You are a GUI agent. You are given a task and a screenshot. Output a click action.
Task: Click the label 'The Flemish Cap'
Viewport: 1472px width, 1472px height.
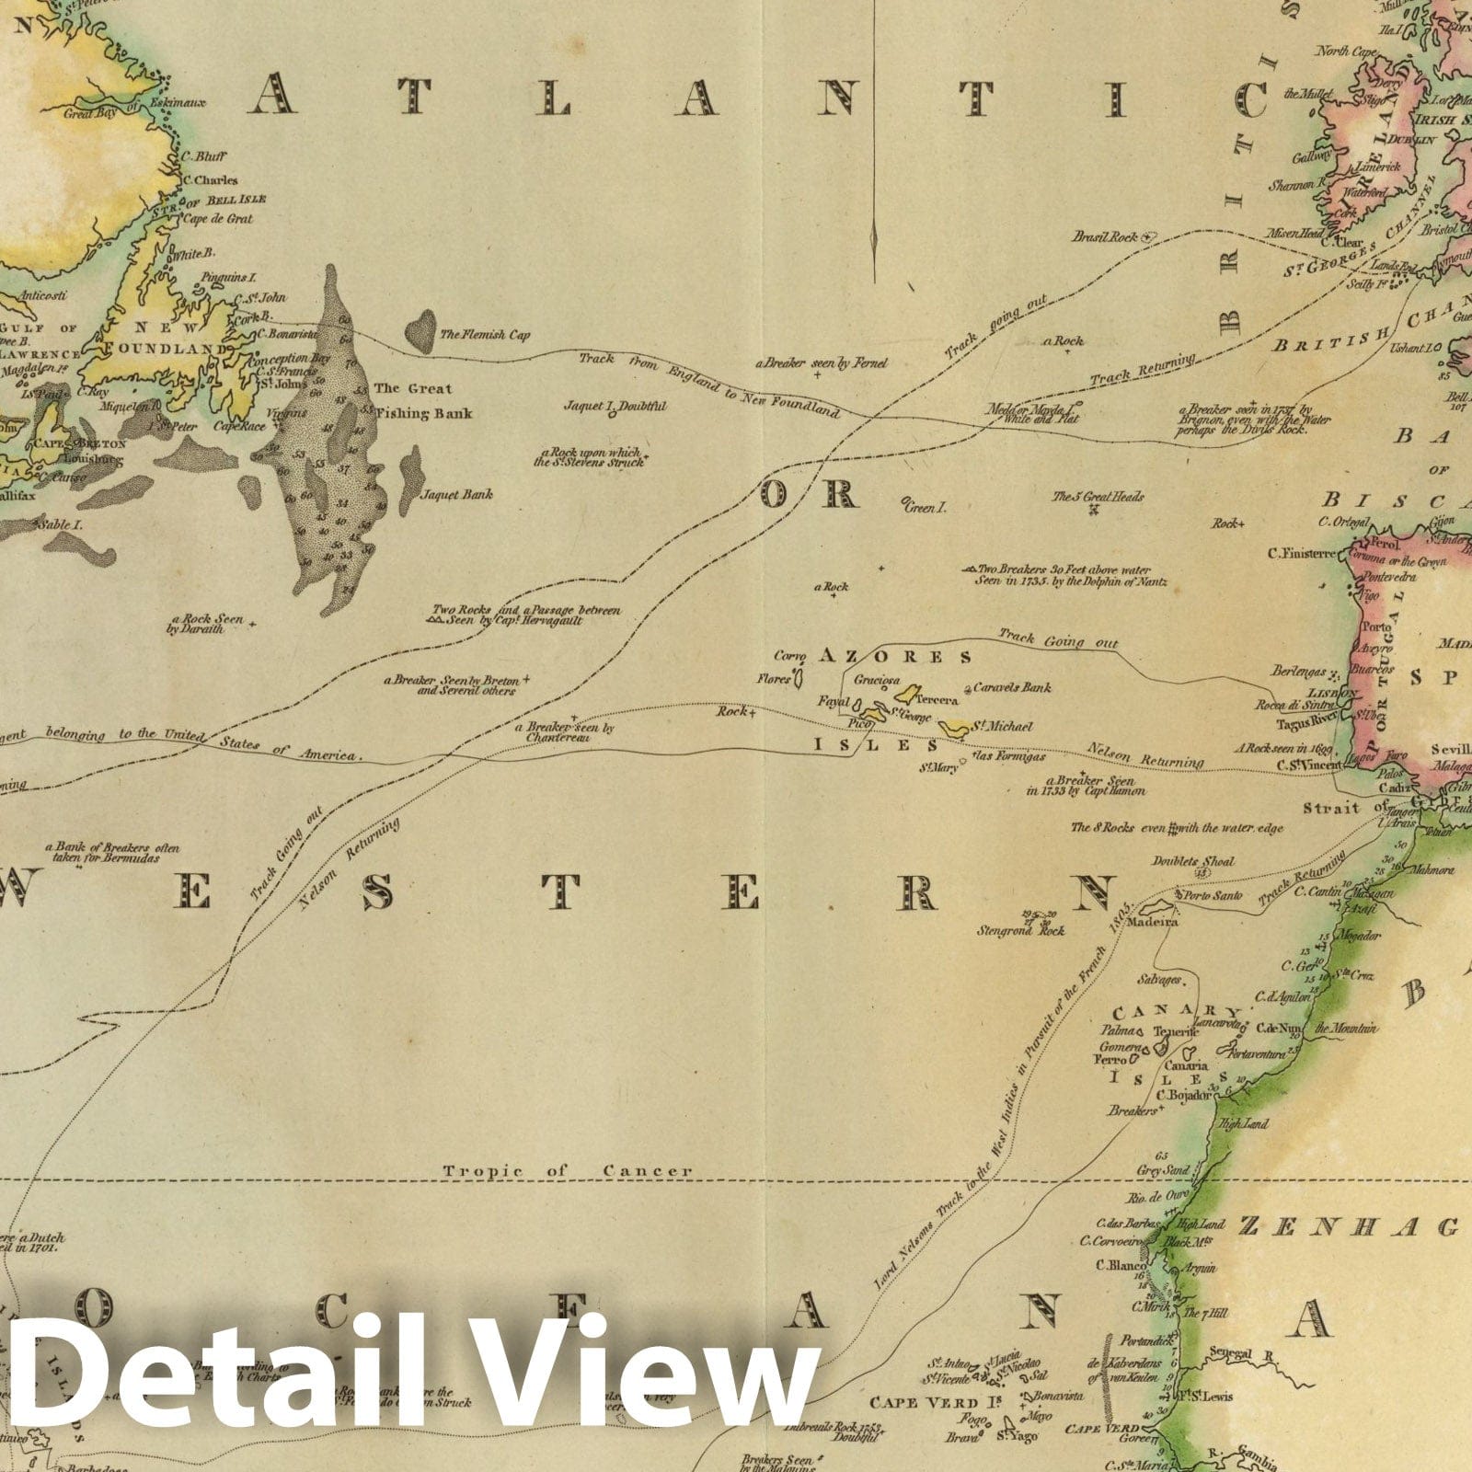pyautogui.click(x=485, y=336)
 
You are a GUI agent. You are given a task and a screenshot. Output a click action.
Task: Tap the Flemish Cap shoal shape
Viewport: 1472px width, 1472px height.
pyautogui.click(x=422, y=331)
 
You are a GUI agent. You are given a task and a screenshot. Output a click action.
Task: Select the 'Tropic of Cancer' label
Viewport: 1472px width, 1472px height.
pyautogui.click(x=567, y=1171)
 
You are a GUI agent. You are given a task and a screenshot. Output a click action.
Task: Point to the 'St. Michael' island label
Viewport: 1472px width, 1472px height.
pyautogui.click(x=1004, y=727)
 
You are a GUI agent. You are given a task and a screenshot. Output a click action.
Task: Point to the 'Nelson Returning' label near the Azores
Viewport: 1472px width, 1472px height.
pyautogui.click(x=1144, y=755)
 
